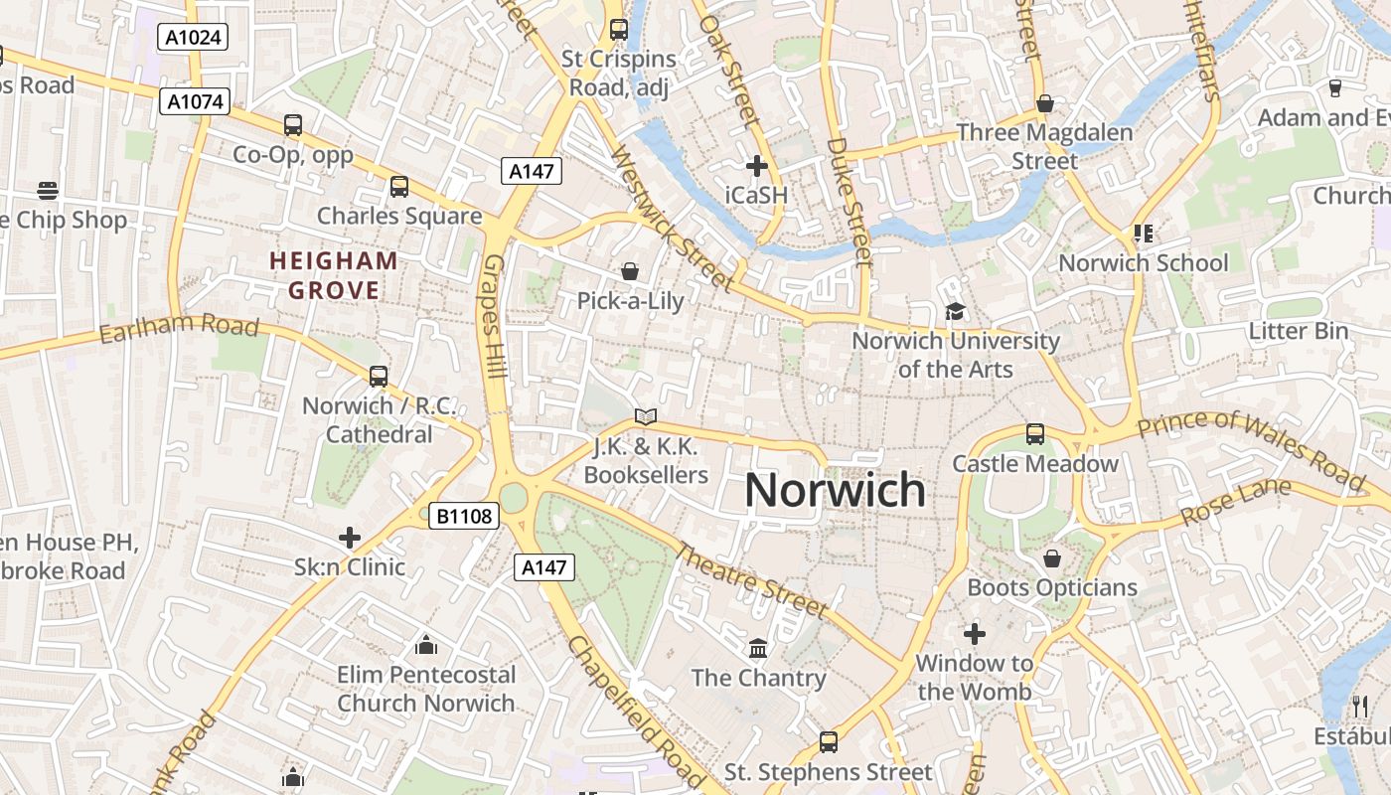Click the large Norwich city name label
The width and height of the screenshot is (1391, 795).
[835, 490]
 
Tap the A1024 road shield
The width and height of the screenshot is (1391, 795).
[193, 38]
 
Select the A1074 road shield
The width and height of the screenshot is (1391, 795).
[194, 101]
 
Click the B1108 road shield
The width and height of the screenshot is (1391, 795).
[464, 516]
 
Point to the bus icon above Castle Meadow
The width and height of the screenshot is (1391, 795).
[1035, 434]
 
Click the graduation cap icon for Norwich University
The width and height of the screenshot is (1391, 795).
[955, 312]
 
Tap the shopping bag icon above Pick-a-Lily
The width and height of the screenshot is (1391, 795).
[630, 271]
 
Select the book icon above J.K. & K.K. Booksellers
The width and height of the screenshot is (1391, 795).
[646, 417]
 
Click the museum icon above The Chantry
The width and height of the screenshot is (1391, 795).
[759, 649]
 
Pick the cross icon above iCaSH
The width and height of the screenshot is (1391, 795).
[756, 166]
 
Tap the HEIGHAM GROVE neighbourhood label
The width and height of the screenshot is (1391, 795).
[334, 276]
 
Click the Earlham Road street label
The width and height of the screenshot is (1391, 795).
[179, 329]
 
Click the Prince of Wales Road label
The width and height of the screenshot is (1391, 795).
[1252, 449]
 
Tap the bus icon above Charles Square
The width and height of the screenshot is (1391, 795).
[399, 187]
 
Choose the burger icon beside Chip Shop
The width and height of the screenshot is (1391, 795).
[47, 191]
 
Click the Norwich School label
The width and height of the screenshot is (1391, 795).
[1144, 263]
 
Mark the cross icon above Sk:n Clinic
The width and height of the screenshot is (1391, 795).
[350, 539]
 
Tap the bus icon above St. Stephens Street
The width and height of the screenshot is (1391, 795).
[829, 742]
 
